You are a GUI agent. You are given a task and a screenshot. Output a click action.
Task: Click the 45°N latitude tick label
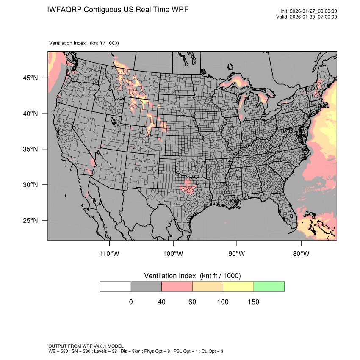click(30, 78)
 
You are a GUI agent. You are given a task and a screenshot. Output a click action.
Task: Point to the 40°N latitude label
click(30, 114)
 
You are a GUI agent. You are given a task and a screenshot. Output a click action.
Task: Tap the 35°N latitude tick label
click(30, 149)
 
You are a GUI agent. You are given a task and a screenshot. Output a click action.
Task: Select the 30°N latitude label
click(30, 185)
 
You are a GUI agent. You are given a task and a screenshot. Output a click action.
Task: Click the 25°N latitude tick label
click(30, 220)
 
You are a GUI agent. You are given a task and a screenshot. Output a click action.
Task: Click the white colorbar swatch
click(116, 286)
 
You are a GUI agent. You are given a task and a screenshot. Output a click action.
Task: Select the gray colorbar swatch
click(146, 286)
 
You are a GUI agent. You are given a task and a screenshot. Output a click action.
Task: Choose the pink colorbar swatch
click(177, 286)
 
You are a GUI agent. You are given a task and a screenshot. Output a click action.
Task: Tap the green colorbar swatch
click(269, 286)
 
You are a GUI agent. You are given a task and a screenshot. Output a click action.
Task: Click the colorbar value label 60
click(192, 302)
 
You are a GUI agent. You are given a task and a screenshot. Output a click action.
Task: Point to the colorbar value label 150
click(253, 302)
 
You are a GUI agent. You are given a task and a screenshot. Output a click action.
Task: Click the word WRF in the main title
click(179, 9)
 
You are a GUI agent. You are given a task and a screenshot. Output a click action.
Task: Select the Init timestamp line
click(309, 11)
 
